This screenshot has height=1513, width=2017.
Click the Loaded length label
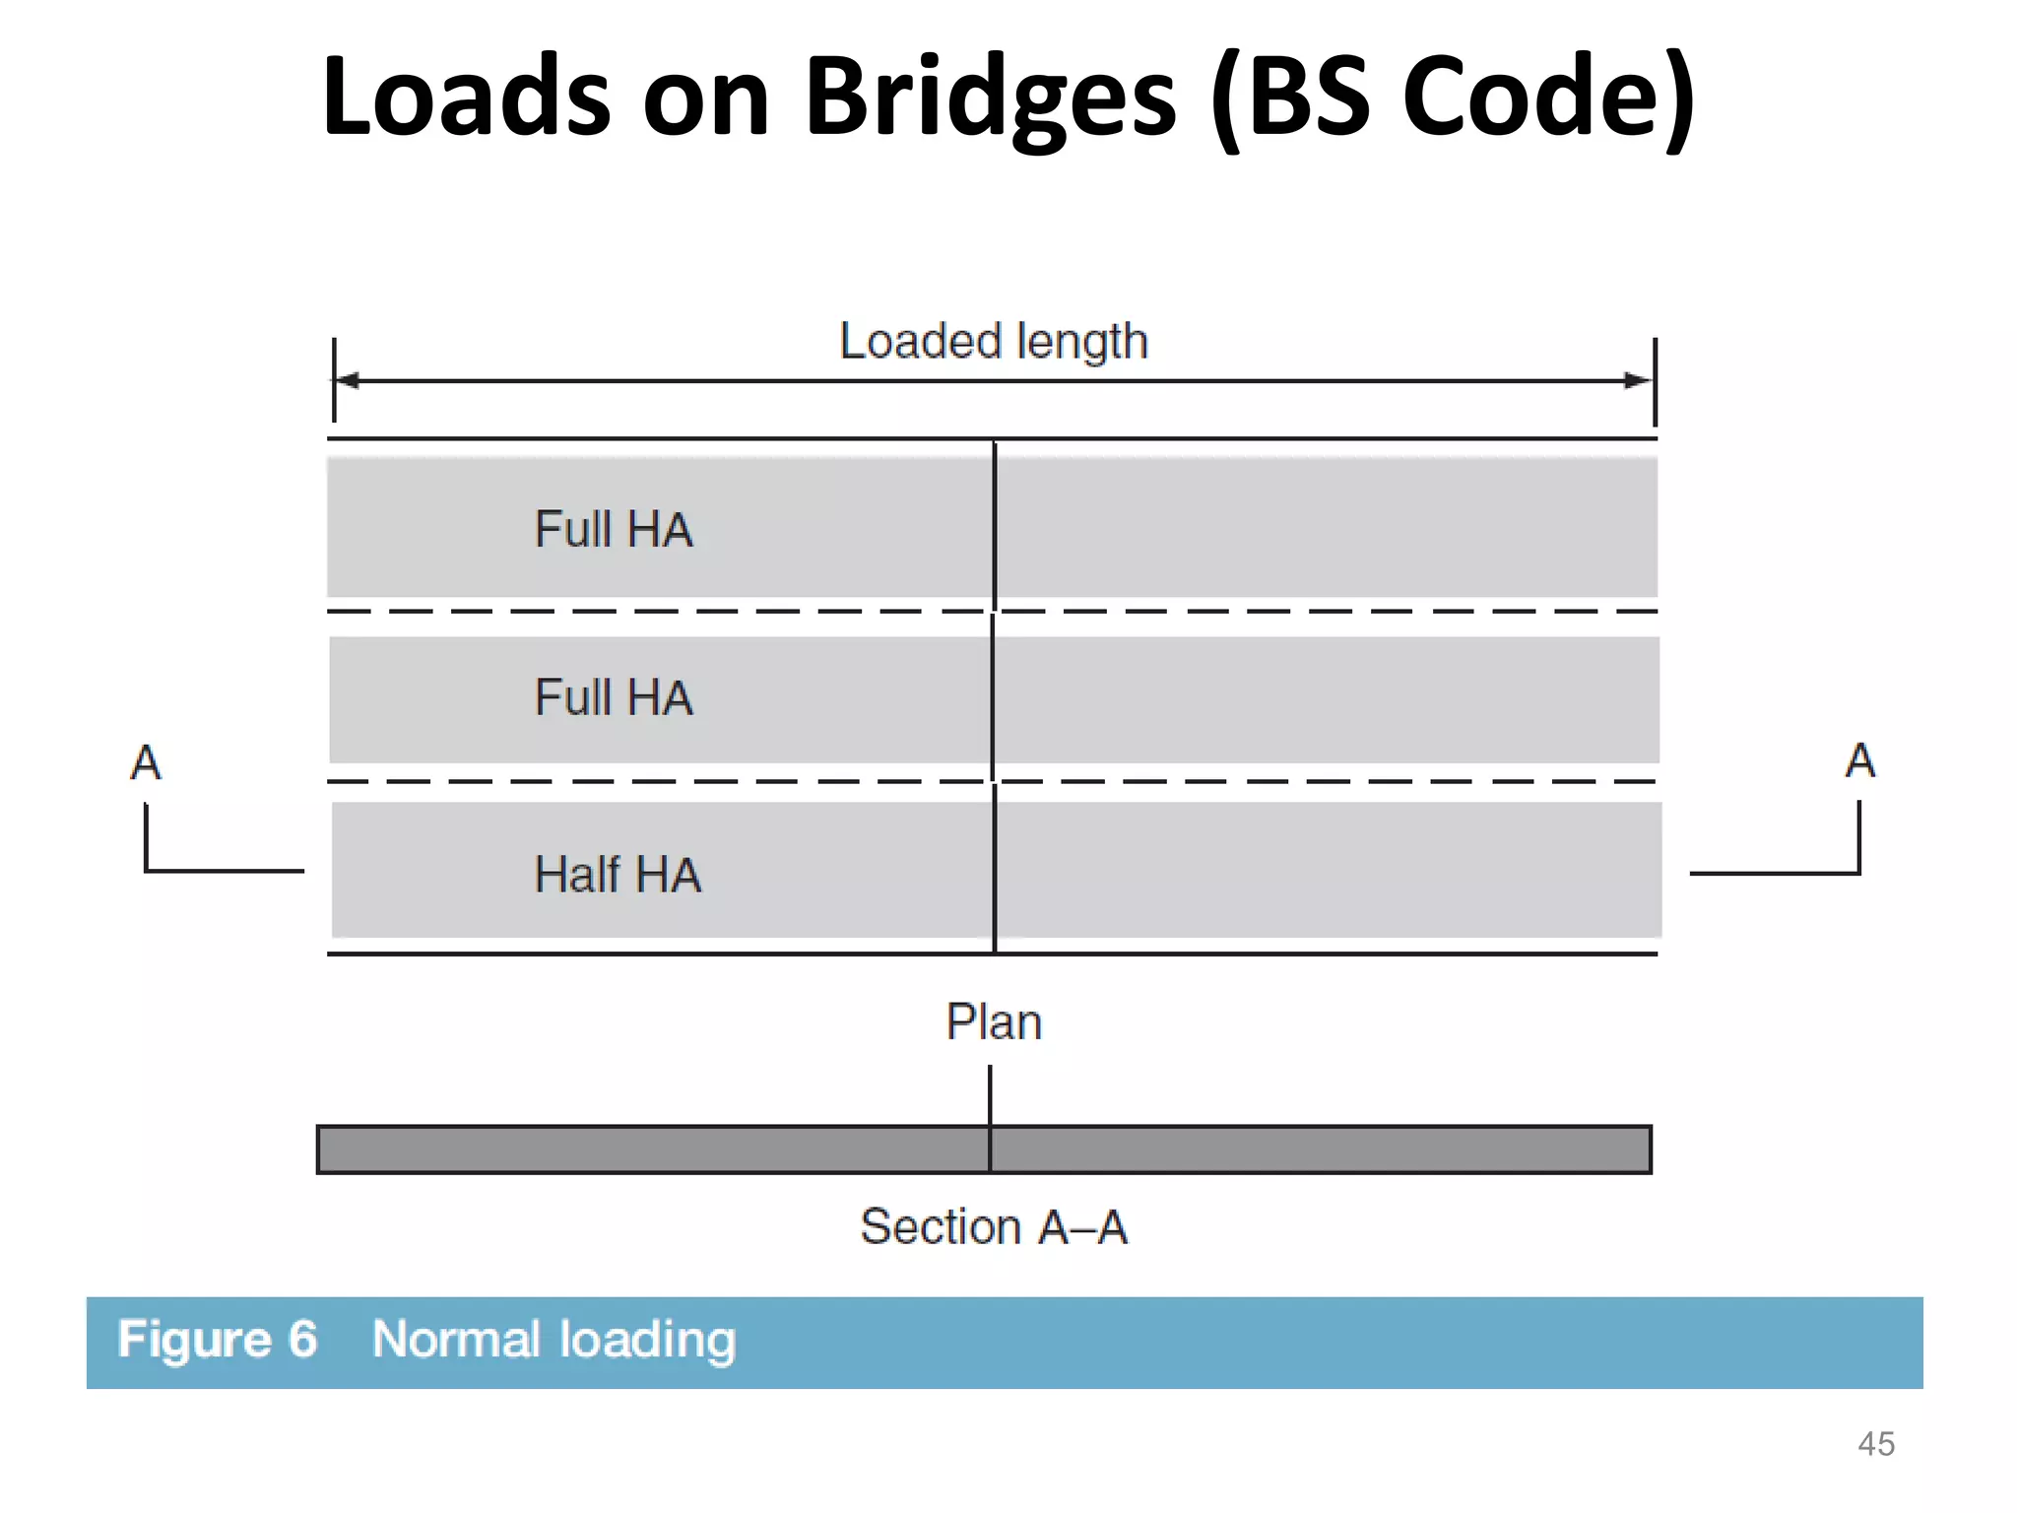[993, 342]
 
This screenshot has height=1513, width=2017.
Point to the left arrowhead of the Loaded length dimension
[347, 380]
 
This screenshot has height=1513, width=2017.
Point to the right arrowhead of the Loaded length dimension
[1639, 380]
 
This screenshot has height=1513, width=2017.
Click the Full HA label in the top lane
[614, 529]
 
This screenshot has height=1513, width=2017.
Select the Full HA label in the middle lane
[614, 697]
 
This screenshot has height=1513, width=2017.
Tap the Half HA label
[618, 875]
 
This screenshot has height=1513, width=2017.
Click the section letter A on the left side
[146, 762]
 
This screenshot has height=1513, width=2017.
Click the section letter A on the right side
[1859, 760]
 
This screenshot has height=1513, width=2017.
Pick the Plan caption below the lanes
[993, 1022]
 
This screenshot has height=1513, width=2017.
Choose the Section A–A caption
[993, 1227]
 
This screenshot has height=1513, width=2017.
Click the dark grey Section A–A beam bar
[689, 1150]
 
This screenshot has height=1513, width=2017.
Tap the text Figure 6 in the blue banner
[218, 1340]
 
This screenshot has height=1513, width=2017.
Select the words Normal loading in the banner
[553, 1340]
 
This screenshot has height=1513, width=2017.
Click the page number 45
[1875, 1444]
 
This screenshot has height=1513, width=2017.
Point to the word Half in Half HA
[577, 875]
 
